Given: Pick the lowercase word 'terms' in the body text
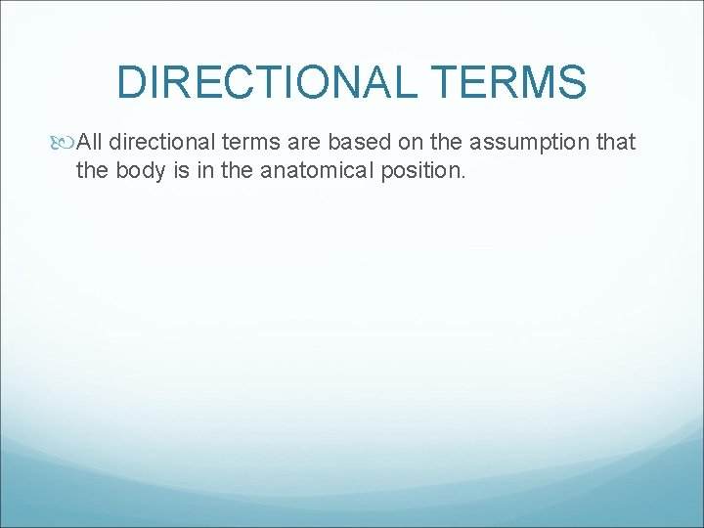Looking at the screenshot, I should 257,143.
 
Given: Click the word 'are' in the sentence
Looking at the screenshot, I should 309,143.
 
